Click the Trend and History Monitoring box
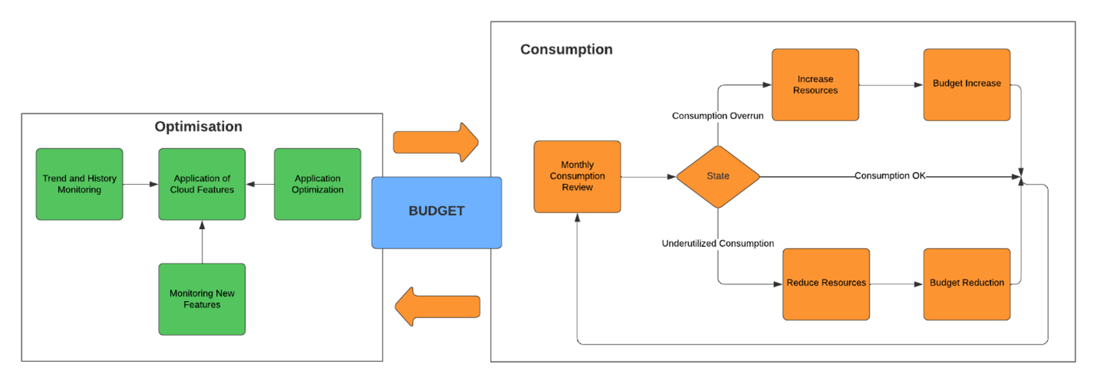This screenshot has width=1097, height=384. (79, 184)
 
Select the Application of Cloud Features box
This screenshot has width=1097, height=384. (202, 184)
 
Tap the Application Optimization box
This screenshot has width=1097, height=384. (317, 184)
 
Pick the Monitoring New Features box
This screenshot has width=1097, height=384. (202, 299)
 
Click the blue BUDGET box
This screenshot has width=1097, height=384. (436, 212)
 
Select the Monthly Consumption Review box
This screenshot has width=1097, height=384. (577, 176)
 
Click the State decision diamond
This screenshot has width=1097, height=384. (718, 176)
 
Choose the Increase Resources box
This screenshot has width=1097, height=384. (815, 84)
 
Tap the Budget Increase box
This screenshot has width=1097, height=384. (967, 84)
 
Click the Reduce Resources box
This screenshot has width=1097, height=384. (826, 283)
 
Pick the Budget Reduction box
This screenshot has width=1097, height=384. (967, 283)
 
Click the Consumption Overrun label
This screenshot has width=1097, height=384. (718, 116)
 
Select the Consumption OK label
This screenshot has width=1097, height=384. (890, 176)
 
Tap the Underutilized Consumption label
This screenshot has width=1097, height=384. (718, 244)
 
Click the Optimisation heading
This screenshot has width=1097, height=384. (198, 126)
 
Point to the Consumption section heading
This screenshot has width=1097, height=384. (566, 50)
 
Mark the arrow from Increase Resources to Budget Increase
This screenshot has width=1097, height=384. (891, 84)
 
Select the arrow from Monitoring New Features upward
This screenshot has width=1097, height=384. (202, 241)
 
